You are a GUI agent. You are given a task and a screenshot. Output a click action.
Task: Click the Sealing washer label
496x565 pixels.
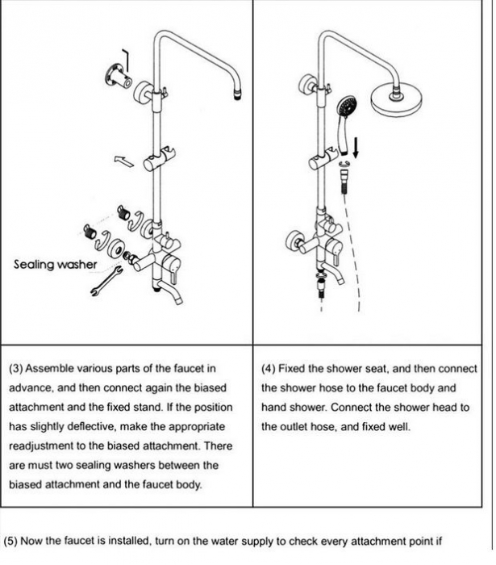[56, 264]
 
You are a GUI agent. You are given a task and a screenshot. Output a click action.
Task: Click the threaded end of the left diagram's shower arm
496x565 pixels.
[239, 94]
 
